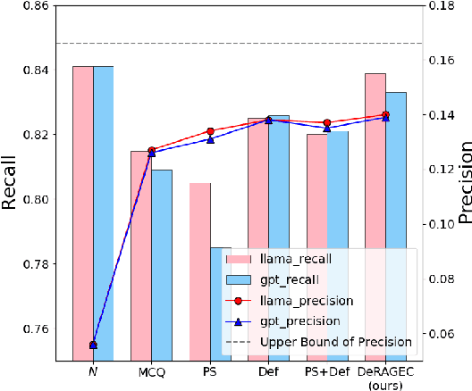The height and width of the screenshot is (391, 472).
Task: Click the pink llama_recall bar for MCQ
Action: point(141,255)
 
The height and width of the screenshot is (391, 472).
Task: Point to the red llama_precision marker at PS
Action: point(210,131)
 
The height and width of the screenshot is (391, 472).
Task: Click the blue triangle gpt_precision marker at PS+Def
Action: point(327,129)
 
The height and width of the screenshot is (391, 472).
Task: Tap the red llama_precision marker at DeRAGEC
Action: point(385,115)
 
